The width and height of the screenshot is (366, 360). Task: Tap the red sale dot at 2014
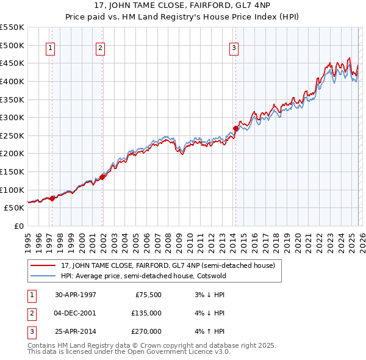pyautogui.click(x=235, y=128)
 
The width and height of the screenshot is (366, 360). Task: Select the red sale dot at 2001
pyautogui.click(x=102, y=177)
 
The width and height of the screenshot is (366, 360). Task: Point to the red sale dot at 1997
pyautogui.click(x=52, y=198)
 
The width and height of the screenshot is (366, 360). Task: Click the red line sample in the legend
pyautogui.click(x=43, y=265)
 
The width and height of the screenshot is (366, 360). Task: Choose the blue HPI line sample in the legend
pyautogui.click(x=43, y=276)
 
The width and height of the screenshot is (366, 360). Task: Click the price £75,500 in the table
pyautogui.click(x=148, y=294)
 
